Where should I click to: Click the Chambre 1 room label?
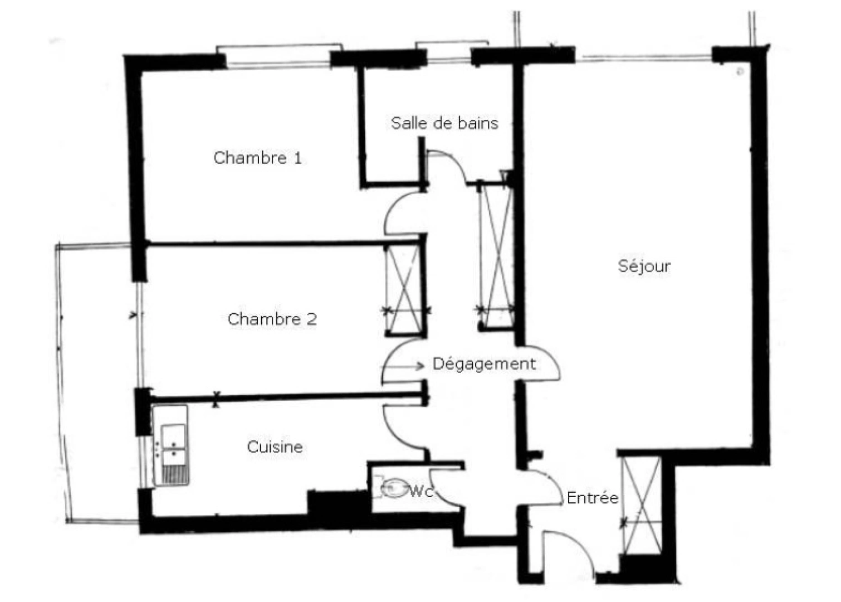[x=257, y=158]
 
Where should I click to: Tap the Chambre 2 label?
[x=272, y=319]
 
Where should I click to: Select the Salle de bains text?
[x=444, y=123]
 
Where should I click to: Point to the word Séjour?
[x=644, y=266]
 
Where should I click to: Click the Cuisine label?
[x=275, y=446]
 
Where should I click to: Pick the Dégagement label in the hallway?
[x=484, y=364]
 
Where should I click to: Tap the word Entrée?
[x=592, y=497]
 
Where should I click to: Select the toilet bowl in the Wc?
[x=394, y=488]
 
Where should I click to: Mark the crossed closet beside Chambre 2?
[x=404, y=290]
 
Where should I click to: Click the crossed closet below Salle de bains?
[x=496, y=256]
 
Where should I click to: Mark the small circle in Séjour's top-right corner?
[x=740, y=71]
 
